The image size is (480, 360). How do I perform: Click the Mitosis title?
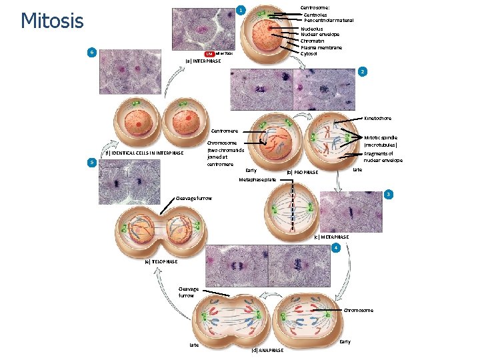(x=52, y=21)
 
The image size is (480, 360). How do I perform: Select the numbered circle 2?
(x=361, y=71)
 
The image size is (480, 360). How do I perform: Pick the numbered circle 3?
(x=388, y=195)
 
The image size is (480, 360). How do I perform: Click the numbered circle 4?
(x=337, y=248)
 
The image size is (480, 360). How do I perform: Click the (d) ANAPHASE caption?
(x=267, y=350)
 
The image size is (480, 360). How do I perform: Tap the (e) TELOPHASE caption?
(x=161, y=261)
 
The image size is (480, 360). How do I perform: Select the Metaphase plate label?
(x=257, y=180)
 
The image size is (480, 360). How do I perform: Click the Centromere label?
(x=224, y=131)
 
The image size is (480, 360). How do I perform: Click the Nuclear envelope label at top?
(x=320, y=35)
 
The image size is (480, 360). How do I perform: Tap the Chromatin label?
(x=312, y=41)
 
